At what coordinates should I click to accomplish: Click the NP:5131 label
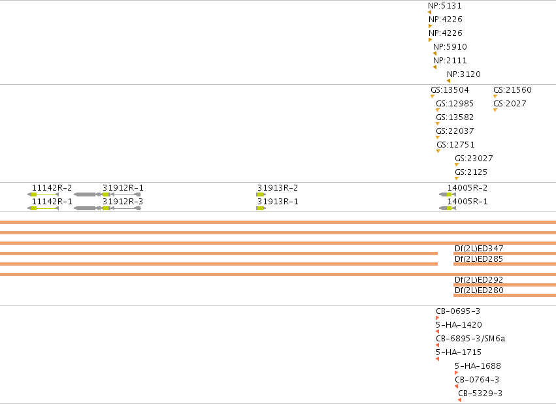(x=445, y=6)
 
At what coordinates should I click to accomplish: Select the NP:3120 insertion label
(x=464, y=74)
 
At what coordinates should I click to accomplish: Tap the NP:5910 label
(x=450, y=47)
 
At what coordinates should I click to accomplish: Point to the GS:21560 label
(x=512, y=90)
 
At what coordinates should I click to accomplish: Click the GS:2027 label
(x=510, y=104)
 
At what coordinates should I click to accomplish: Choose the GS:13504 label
(x=450, y=90)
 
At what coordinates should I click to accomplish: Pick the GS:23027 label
(x=474, y=159)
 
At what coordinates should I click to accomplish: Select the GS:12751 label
(x=455, y=145)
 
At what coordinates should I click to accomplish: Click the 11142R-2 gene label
(x=52, y=188)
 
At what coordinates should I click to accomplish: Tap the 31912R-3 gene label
(x=123, y=202)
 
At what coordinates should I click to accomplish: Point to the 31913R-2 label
(x=278, y=188)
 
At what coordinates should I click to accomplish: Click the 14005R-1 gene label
(x=467, y=202)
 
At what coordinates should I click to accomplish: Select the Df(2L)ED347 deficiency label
(x=479, y=249)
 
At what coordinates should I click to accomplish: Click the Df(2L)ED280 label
(x=479, y=290)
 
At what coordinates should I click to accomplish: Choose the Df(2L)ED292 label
(x=479, y=280)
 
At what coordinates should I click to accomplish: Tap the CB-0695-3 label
(x=458, y=311)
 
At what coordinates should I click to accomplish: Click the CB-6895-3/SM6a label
(x=470, y=339)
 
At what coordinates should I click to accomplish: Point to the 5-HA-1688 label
(x=478, y=366)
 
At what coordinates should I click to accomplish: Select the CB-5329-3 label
(x=480, y=394)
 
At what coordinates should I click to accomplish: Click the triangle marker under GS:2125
(x=457, y=178)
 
